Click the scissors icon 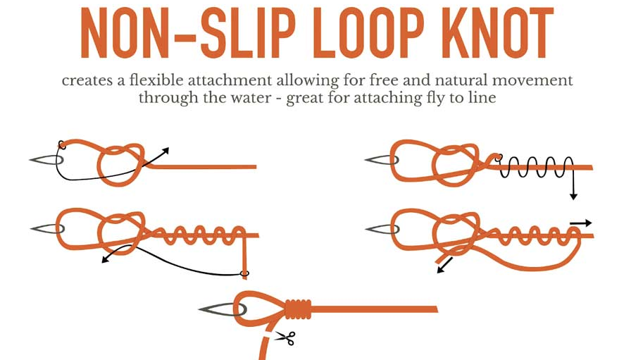[286, 338]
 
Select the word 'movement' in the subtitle [532, 80]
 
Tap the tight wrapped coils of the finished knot [299, 309]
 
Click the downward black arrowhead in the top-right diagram [573, 196]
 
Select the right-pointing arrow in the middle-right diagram [581, 223]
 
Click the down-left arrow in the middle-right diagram [444, 266]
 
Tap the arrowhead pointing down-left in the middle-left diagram [106, 260]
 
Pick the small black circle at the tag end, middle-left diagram [244, 274]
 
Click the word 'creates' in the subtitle [87, 80]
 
